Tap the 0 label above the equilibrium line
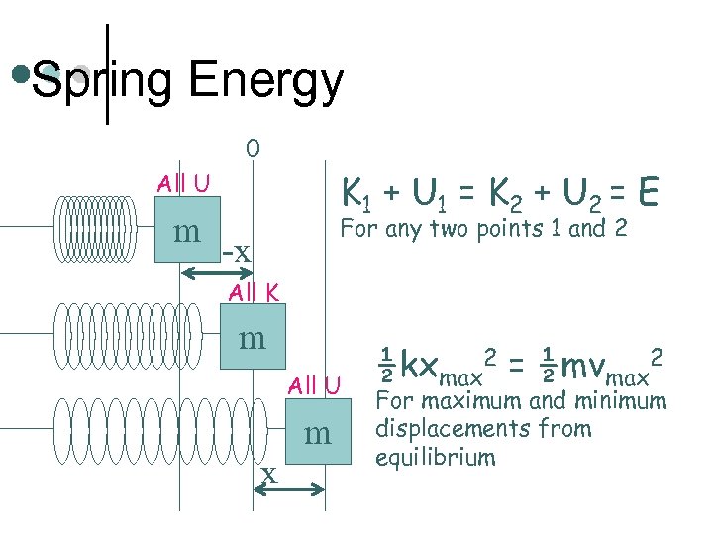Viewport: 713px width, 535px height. point(253,149)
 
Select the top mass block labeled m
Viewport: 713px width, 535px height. point(188,231)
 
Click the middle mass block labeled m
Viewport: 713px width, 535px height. point(253,338)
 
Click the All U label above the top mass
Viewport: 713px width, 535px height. point(183,183)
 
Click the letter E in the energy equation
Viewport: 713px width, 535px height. point(649,192)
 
